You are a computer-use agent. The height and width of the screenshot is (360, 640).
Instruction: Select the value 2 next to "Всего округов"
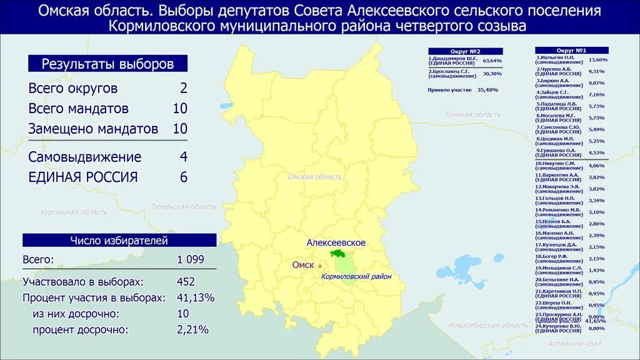click(x=183, y=88)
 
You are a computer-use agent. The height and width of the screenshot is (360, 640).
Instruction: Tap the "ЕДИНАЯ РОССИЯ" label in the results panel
click(x=82, y=177)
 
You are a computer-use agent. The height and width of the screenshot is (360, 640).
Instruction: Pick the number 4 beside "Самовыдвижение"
click(x=183, y=157)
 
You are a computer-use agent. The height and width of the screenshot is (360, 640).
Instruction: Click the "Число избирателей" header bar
click(x=119, y=240)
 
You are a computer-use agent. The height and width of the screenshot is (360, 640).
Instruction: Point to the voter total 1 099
click(x=190, y=259)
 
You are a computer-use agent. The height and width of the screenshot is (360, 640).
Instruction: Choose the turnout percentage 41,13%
click(x=196, y=297)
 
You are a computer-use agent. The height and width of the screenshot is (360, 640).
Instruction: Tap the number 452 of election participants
click(x=186, y=281)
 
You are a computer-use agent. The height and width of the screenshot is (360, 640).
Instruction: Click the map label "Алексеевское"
click(x=336, y=242)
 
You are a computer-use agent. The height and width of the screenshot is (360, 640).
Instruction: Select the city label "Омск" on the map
click(x=303, y=265)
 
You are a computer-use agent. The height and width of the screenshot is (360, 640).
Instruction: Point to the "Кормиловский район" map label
click(x=356, y=276)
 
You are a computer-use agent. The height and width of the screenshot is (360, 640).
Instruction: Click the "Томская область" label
click(x=472, y=114)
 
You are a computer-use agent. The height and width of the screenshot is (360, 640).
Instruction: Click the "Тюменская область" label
click(x=184, y=207)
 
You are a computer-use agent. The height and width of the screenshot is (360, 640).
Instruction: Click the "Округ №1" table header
click(x=571, y=50)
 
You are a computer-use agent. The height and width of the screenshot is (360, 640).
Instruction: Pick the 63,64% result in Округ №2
click(x=492, y=61)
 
